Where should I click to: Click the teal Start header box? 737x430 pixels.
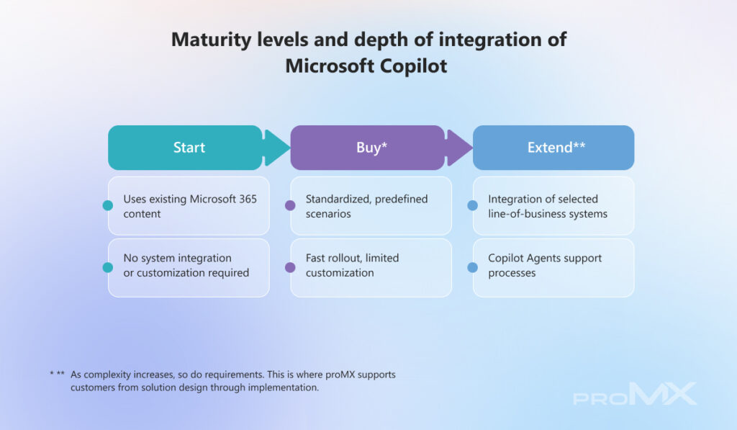pos(185,147)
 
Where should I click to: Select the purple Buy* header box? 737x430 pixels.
pos(368,147)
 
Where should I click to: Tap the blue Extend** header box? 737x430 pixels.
pos(553,147)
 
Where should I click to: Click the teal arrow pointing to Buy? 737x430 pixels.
pos(277,148)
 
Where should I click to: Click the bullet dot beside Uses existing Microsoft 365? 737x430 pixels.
pos(108,205)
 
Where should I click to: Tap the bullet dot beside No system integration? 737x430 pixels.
pos(108,267)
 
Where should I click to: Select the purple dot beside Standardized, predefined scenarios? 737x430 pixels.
pos(290,205)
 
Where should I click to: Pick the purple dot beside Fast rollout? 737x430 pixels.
pos(290,267)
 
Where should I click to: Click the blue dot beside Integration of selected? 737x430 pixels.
pos(472,205)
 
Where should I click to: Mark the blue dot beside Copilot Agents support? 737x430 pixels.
pos(472,267)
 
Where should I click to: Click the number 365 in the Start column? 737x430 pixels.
pos(248,199)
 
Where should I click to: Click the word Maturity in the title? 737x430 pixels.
pos(211,40)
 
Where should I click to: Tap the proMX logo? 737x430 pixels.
pos(635,393)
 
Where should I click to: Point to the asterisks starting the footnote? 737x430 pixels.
pos(58,374)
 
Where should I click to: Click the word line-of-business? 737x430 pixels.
pos(520,214)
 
